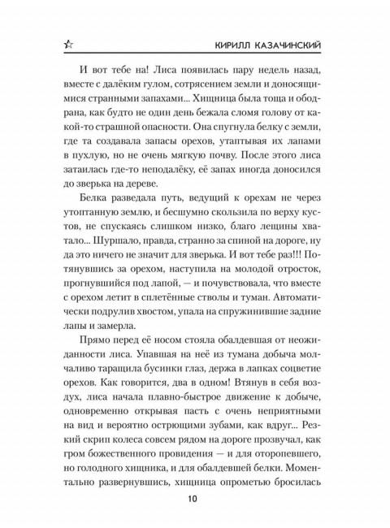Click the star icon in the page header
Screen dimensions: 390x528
point(55,40)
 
